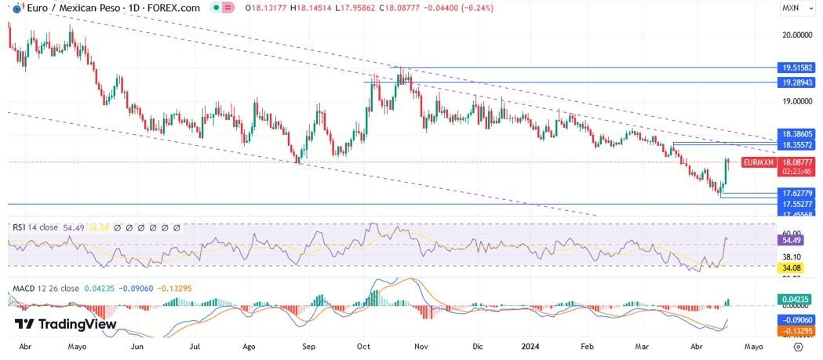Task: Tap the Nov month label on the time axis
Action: click(x=421, y=345)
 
